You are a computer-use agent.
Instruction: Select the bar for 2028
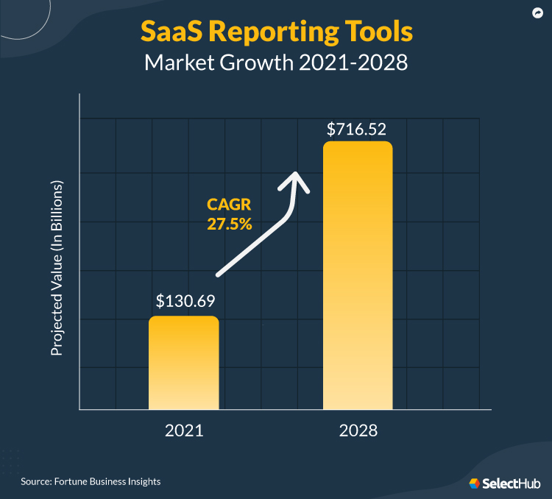pos(358,275)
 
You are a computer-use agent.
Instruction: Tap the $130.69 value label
pos(183,301)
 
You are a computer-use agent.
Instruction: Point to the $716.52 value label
pos(357,130)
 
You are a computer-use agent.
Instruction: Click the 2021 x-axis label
pos(183,431)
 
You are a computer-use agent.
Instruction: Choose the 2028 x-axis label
pos(358,431)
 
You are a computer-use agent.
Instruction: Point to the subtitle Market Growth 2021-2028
pos(276,63)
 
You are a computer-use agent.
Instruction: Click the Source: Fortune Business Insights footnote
pos(91,481)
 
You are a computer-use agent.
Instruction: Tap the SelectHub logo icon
pos(475,483)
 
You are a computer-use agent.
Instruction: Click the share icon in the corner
pos(538,13)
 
